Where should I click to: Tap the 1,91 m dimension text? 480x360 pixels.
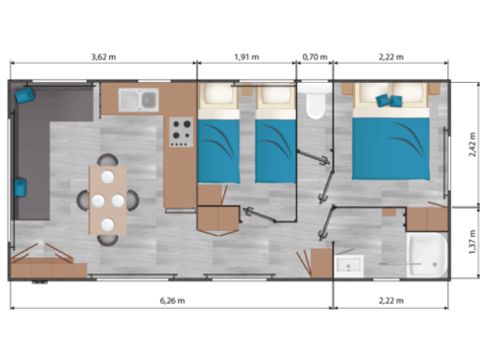246,57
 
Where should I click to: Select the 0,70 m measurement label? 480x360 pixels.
315,57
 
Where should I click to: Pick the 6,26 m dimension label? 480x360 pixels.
170,299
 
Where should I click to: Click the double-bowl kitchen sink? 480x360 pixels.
138,100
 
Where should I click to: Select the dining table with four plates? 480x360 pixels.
108,200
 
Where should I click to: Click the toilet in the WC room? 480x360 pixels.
316,101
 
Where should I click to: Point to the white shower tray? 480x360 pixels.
428,256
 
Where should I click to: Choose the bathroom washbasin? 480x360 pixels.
348,265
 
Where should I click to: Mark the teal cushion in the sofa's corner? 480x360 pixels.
24,95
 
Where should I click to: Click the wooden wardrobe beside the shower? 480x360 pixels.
427,218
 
